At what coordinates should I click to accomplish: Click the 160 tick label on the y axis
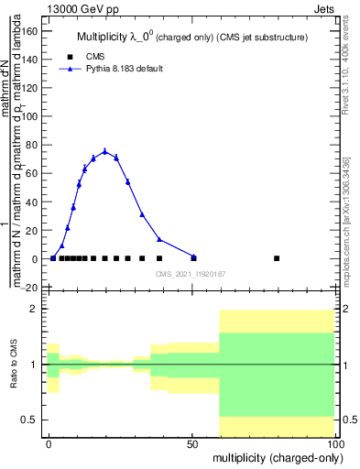(x=28, y=31)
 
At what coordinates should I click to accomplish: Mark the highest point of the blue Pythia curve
(x=105, y=151)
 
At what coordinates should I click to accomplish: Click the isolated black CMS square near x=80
(x=278, y=258)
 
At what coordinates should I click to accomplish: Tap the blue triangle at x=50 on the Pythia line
(x=193, y=256)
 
